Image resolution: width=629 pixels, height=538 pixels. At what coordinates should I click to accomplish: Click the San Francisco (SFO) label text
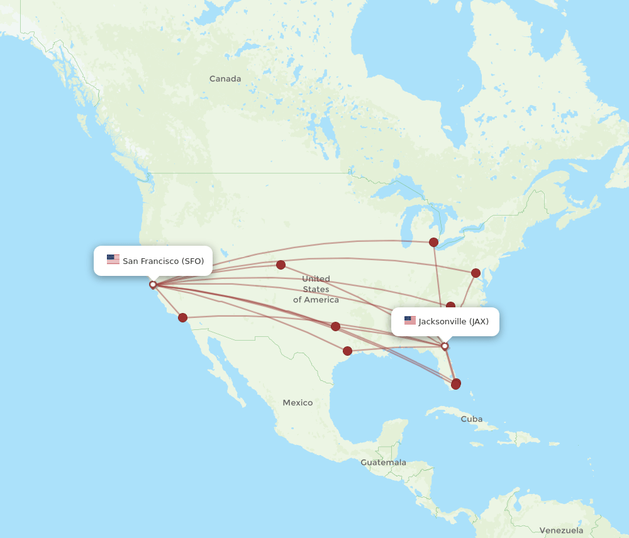tap(163, 261)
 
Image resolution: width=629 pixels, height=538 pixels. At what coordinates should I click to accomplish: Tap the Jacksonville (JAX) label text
tap(454, 321)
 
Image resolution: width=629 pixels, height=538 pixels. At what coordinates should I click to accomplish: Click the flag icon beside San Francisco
tap(113, 259)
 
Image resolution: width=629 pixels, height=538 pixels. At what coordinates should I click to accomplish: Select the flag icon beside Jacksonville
tap(410, 321)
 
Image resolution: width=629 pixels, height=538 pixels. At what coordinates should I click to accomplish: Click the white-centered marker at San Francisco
tap(153, 285)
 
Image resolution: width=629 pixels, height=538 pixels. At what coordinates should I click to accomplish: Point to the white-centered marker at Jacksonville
tap(445, 346)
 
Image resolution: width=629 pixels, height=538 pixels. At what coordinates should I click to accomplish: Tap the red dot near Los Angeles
tap(182, 317)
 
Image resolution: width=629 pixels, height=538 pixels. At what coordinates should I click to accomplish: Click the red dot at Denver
tap(281, 265)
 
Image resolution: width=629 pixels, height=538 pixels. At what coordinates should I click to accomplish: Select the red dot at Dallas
tap(335, 326)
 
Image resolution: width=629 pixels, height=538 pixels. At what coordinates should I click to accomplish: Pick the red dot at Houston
tap(347, 351)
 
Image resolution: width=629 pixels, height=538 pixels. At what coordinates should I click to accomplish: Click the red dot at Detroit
tap(433, 242)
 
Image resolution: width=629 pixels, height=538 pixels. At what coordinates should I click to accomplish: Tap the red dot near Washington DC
tap(476, 273)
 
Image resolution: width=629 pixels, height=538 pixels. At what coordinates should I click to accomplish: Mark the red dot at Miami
tap(456, 383)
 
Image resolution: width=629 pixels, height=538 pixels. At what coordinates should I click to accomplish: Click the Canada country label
tap(225, 79)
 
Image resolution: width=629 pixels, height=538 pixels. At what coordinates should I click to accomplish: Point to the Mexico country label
tap(298, 402)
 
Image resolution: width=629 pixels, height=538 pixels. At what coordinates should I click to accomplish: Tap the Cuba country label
tap(471, 419)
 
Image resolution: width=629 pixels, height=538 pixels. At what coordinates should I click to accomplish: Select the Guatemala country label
tap(383, 463)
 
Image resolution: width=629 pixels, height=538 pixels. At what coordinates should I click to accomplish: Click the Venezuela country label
tap(561, 530)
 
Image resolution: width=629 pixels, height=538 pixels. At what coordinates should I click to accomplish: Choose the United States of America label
tap(316, 289)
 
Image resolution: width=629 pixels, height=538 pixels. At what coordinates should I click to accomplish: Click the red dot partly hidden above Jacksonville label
tap(450, 306)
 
